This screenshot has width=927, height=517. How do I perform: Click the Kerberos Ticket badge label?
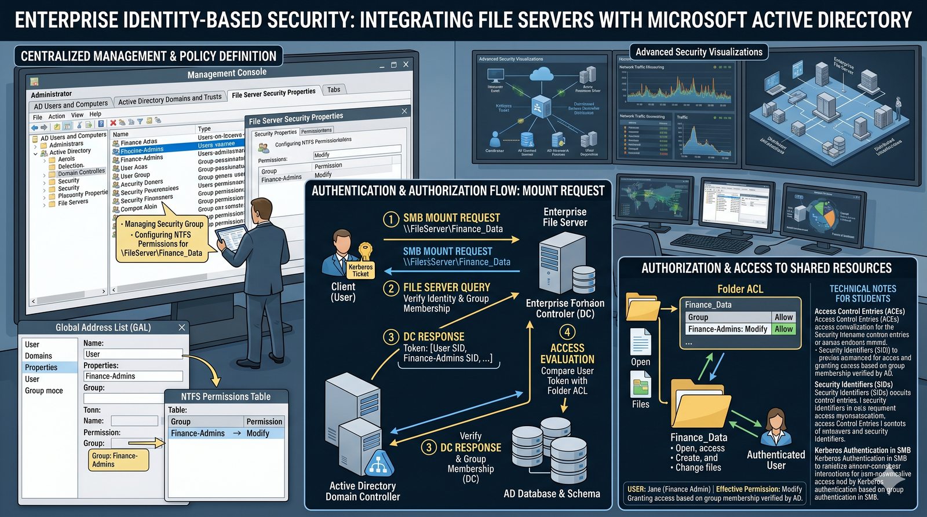click(x=360, y=270)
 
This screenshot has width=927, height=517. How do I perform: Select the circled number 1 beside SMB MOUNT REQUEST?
click(x=391, y=219)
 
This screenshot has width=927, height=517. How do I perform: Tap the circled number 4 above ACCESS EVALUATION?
click(x=567, y=332)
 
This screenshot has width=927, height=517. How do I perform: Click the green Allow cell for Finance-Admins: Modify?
click(x=783, y=329)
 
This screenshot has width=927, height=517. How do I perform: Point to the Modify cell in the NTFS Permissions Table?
click(x=258, y=433)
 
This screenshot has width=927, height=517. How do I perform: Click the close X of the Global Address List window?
click(x=182, y=328)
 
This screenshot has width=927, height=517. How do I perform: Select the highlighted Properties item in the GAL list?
click(x=41, y=367)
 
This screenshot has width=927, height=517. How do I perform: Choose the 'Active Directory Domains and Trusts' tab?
click(x=170, y=100)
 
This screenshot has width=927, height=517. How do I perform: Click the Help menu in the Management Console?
click(x=95, y=115)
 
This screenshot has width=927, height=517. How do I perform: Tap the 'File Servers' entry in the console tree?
click(x=73, y=203)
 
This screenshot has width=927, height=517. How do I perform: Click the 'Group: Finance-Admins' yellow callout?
click(x=119, y=460)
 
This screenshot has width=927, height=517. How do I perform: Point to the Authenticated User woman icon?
click(x=775, y=427)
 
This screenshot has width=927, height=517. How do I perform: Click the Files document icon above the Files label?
click(x=640, y=384)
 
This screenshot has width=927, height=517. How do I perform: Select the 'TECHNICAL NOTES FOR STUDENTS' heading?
click(x=863, y=294)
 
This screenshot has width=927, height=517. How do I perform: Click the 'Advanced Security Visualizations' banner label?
click(x=699, y=52)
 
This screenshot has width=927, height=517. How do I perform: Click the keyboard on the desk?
click(x=703, y=242)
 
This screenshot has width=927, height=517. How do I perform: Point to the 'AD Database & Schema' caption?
click(x=552, y=494)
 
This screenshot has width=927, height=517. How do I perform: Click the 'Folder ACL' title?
click(x=740, y=289)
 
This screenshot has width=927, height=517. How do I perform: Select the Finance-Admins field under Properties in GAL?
click(x=133, y=376)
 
